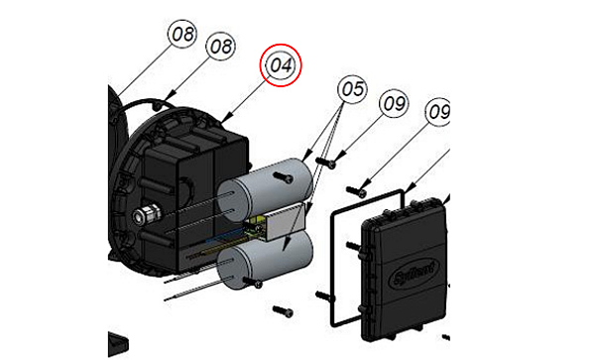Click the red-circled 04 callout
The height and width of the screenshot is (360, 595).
tap(281, 65)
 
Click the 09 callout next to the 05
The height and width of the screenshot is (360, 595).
tap(394, 103)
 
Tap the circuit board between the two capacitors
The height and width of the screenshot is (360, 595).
tap(260, 226)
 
